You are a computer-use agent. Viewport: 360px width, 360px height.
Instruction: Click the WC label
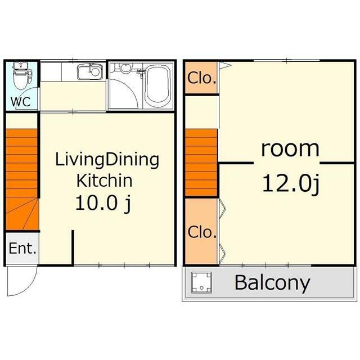click(x=21, y=101)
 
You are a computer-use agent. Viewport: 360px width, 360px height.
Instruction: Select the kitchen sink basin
click(x=90, y=71)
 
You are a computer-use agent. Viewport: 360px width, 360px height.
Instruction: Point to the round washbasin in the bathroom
click(x=125, y=68)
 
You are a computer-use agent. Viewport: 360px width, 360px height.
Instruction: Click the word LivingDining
click(x=107, y=160)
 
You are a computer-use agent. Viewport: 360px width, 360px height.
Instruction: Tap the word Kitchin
click(x=105, y=181)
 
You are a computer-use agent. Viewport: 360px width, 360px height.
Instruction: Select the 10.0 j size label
click(x=103, y=204)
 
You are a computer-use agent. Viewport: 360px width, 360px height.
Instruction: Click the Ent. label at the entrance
click(x=22, y=248)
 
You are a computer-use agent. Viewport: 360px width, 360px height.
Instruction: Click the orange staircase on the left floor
click(x=22, y=179)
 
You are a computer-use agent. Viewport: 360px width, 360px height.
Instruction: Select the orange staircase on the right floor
click(x=201, y=163)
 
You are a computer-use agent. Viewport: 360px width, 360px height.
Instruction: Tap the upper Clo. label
click(x=202, y=78)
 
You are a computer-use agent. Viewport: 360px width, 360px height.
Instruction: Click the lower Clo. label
click(x=202, y=232)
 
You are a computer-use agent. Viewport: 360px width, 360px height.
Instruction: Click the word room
click(x=290, y=149)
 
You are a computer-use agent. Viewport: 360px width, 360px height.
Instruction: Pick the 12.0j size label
click(x=291, y=184)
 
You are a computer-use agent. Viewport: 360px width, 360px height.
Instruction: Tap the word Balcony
click(x=272, y=283)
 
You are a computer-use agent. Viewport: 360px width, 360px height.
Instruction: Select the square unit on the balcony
click(x=201, y=282)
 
